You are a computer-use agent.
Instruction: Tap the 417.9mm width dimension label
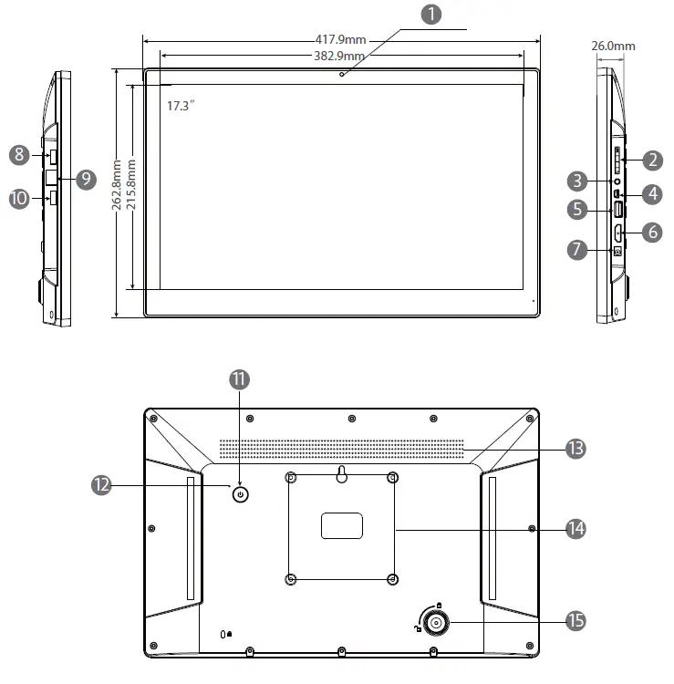tap(341, 39)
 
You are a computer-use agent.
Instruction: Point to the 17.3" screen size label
tap(181, 106)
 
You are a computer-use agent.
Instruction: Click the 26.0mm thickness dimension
tap(613, 46)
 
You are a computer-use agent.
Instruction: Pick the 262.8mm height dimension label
tap(117, 188)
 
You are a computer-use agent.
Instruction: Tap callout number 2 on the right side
tap(652, 161)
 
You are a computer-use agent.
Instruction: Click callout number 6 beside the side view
tap(652, 232)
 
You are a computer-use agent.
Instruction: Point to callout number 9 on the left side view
tap(86, 179)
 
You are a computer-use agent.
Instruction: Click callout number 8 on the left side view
tap(19, 155)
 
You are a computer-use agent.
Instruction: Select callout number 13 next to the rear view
tap(575, 448)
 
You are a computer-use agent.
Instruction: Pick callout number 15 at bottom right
tap(575, 621)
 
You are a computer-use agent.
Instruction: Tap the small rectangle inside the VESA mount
tap(341, 525)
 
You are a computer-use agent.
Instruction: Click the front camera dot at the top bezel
tap(341, 74)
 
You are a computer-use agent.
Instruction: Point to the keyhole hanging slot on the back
tap(341, 474)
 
